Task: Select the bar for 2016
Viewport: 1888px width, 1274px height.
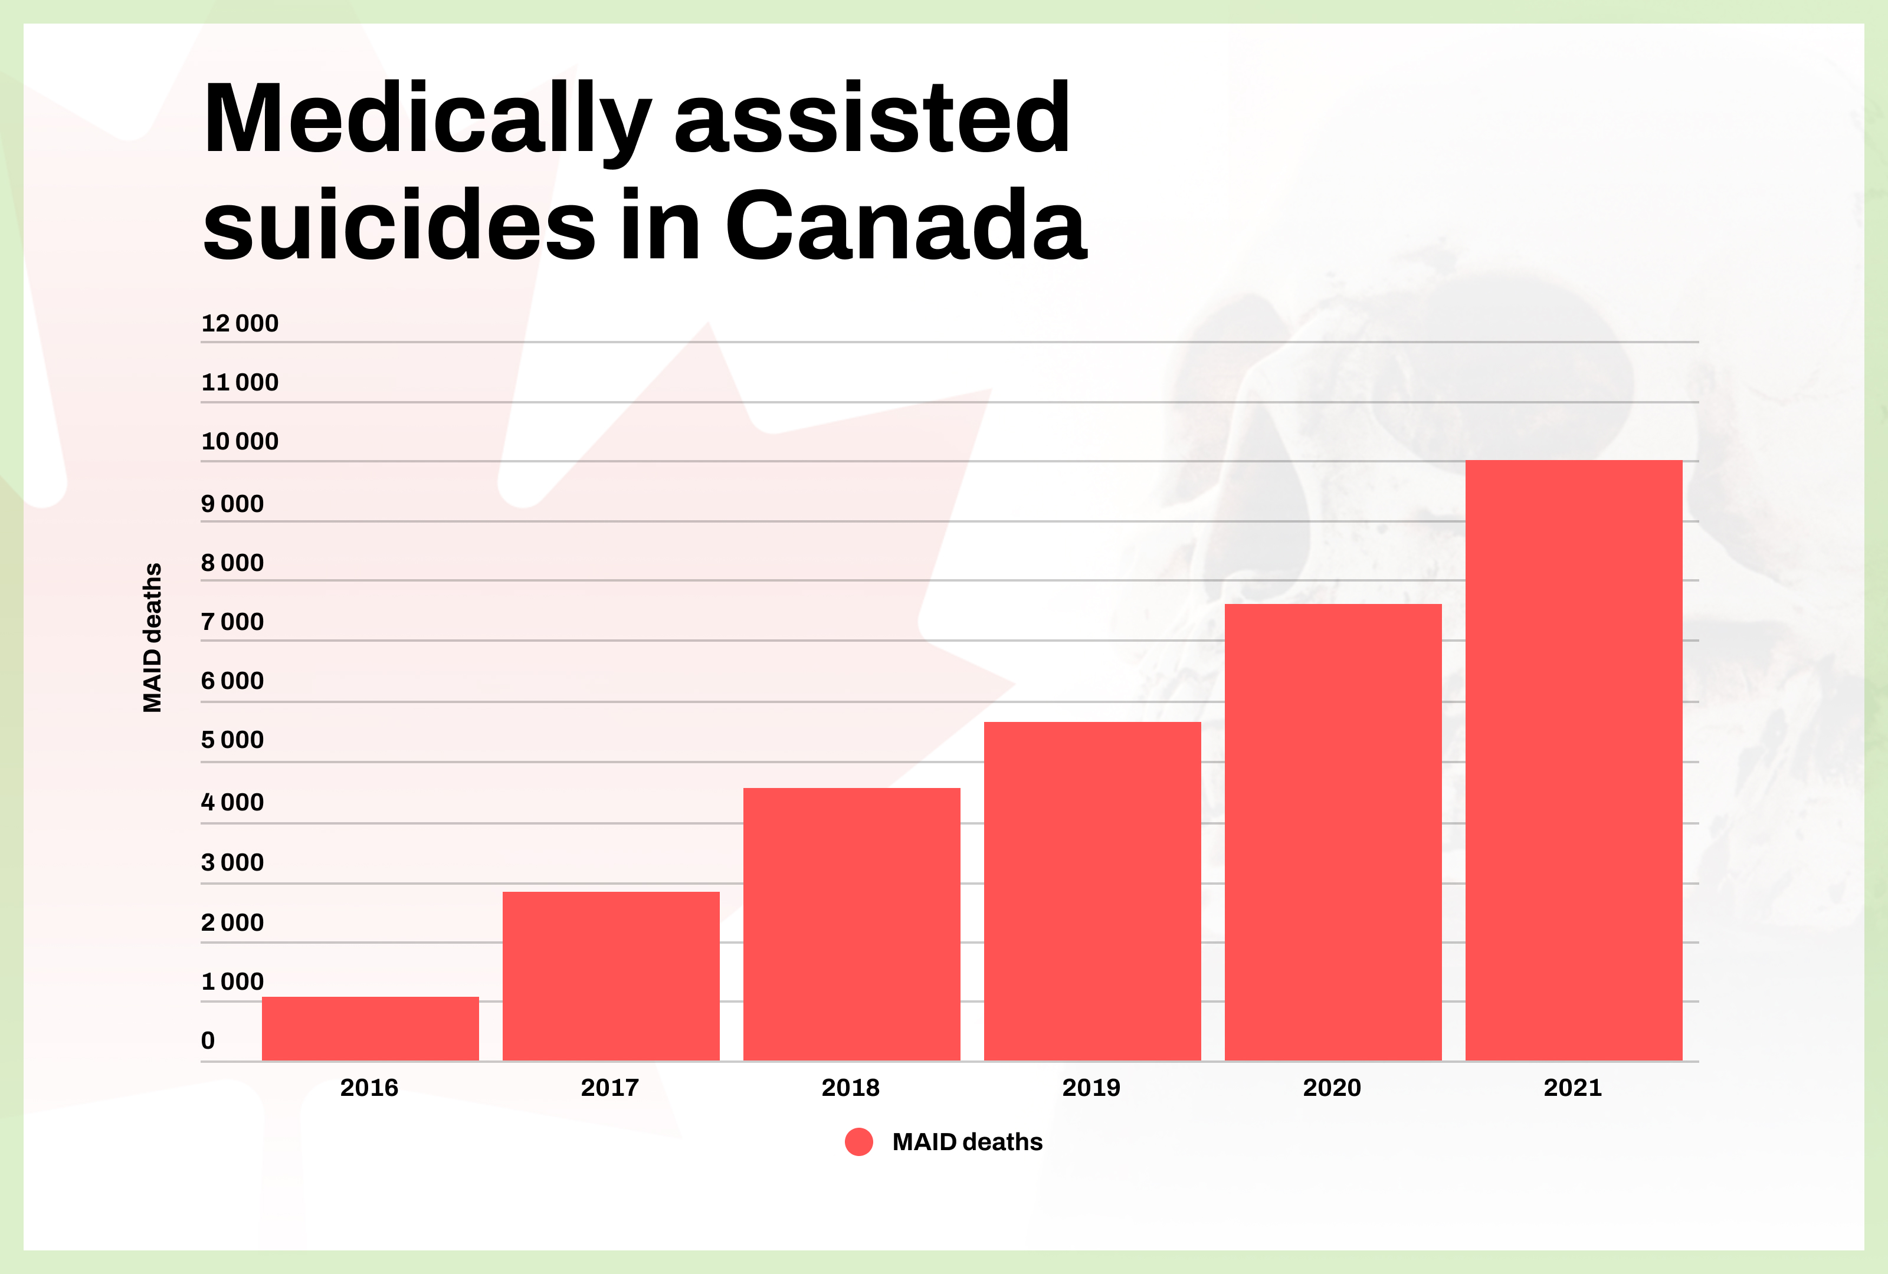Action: tap(370, 1028)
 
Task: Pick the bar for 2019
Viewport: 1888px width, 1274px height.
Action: tap(1092, 890)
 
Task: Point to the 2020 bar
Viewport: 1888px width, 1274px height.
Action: tap(1333, 832)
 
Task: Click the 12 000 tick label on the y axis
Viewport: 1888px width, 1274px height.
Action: tap(240, 323)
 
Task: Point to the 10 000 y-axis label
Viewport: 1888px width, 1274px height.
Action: tap(240, 441)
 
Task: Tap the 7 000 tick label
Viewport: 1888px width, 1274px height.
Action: tap(232, 622)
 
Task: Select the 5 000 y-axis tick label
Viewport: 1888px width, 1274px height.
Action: tap(232, 740)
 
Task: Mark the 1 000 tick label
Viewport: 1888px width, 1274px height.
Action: tap(232, 981)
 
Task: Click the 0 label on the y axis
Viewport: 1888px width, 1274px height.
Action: tap(208, 1040)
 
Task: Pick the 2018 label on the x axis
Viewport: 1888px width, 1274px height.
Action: tap(851, 1087)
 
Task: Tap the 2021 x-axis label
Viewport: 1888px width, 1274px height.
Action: tap(1573, 1087)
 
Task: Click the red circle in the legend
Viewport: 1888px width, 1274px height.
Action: tap(858, 1142)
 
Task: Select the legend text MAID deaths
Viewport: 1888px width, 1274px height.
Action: tap(967, 1142)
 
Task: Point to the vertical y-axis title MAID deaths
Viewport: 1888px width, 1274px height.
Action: tap(152, 638)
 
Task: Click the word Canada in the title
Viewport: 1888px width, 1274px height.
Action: tap(905, 225)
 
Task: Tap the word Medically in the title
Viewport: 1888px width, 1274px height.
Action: tap(427, 119)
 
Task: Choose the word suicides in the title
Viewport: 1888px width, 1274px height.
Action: tap(399, 225)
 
